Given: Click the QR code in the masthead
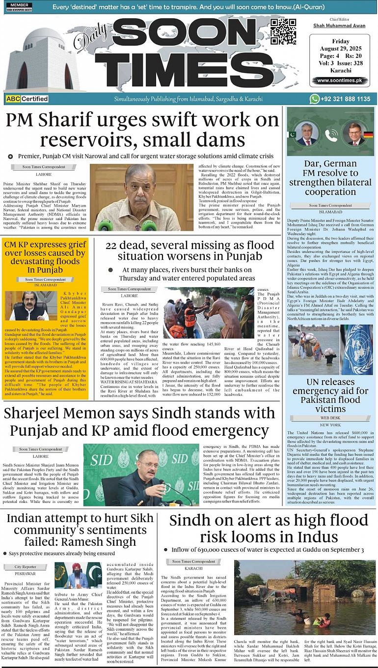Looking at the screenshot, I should (x=283, y=32).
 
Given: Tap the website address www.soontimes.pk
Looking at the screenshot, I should (x=339, y=81).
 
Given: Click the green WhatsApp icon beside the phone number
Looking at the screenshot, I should (x=315, y=99).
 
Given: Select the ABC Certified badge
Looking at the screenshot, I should (x=27, y=99).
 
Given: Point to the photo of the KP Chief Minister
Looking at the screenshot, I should (x=31, y=306).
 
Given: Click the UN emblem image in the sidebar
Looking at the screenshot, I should (x=356, y=342).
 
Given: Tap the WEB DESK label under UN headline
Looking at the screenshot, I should (x=330, y=417).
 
